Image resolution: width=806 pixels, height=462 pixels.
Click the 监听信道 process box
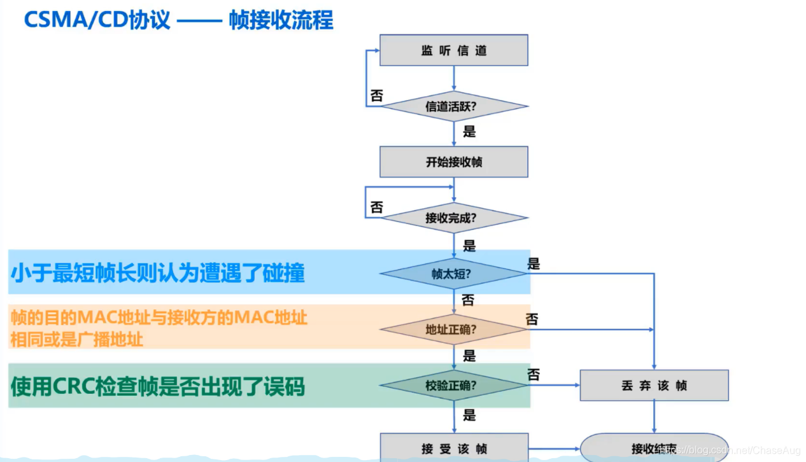(453, 50)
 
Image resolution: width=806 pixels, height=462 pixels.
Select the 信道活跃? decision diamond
(453, 106)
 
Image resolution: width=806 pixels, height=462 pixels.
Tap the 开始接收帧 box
(453, 162)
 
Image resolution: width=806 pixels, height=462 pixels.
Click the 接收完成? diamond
(453, 218)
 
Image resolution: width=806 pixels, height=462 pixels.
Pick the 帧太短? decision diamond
(453, 274)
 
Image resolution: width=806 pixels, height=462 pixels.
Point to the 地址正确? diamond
(453, 330)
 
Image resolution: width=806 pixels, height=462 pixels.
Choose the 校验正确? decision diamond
(453, 385)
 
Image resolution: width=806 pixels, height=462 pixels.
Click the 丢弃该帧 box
(654, 385)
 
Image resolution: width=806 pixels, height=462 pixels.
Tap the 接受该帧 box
(453, 448)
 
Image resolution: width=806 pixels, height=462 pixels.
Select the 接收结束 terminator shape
(654, 448)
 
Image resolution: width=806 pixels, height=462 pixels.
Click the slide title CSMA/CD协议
(97, 20)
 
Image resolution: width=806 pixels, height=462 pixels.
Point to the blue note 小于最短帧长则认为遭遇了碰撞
(157, 273)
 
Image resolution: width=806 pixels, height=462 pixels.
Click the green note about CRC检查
(157, 386)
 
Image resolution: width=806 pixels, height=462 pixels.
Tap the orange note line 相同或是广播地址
(76, 339)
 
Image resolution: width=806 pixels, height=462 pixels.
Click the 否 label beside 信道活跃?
(377, 95)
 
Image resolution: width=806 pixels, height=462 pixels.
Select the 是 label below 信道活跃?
(469, 132)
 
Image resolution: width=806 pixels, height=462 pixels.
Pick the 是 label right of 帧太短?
(534, 263)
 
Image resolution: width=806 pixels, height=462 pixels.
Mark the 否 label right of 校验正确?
(534, 375)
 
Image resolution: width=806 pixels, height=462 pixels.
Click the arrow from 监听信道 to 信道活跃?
(453, 78)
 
